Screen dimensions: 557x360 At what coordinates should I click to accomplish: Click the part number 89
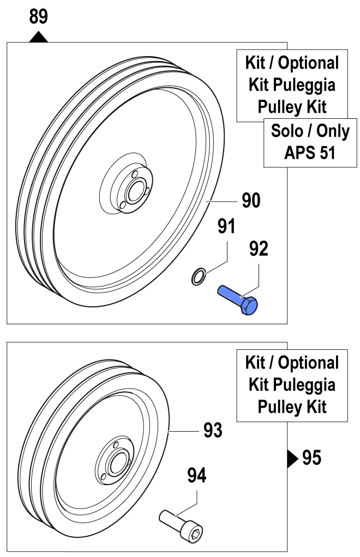tap(38, 17)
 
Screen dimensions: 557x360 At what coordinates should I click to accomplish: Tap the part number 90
tap(251, 201)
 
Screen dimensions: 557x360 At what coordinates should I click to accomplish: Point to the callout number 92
tap(259, 249)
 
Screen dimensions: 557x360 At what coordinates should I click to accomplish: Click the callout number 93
tap(213, 431)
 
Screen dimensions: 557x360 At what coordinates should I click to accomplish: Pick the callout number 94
tap(197, 476)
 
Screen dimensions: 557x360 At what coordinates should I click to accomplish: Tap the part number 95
tap(311, 458)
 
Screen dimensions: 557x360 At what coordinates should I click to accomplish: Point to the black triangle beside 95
tap(292, 458)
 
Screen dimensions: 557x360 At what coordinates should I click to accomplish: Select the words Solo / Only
tap(310, 131)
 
